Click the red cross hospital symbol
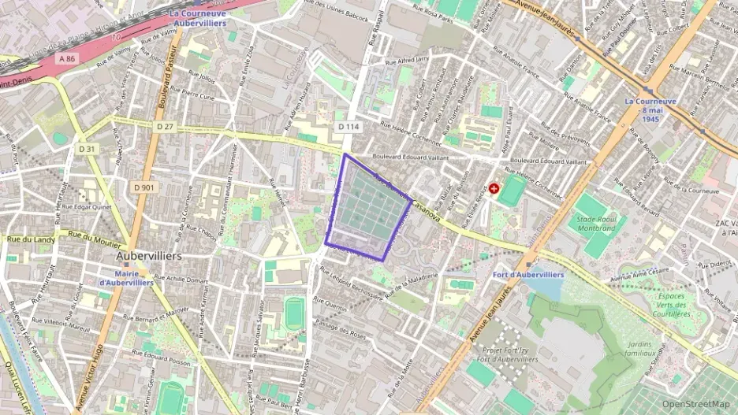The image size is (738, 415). [x=494, y=189]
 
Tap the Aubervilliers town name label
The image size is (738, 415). [x=149, y=257]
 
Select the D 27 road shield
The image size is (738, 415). [x=165, y=126]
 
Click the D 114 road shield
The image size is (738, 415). [x=348, y=126]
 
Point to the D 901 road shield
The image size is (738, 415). [x=143, y=187]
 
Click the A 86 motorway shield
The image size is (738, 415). [x=66, y=58]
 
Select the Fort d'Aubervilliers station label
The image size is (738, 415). [x=528, y=275]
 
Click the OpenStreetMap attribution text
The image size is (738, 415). [x=695, y=404]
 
